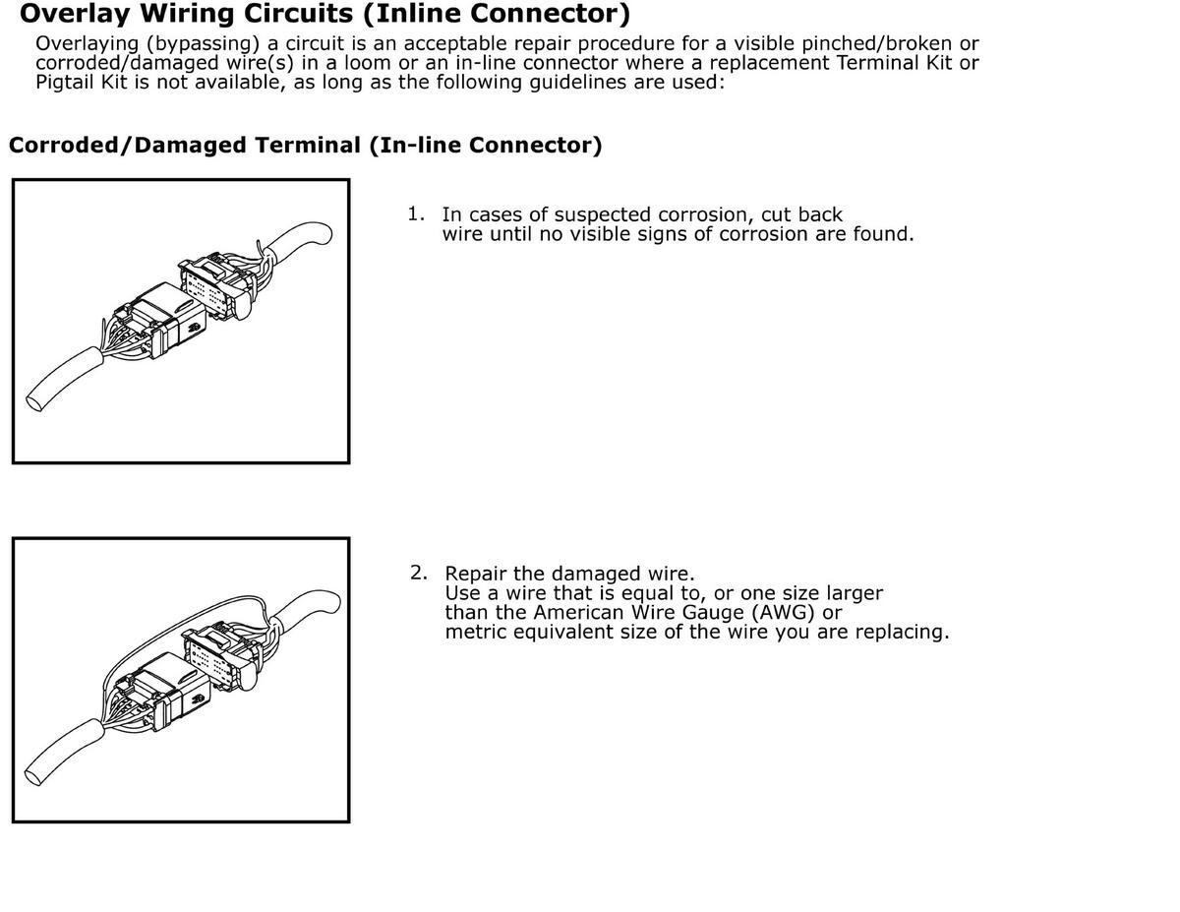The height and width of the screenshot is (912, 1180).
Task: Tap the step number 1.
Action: click(416, 213)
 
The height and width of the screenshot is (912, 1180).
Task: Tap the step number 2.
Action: click(418, 572)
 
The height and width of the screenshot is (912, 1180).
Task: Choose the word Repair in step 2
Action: click(476, 574)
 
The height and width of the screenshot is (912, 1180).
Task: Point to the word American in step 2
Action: click(579, 612)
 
